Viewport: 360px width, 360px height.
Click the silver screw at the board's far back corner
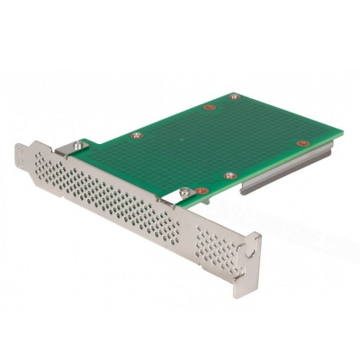[x=235, y=95]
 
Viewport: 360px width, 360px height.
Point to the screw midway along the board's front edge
[x=232, y=175]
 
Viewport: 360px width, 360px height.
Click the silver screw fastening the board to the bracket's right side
[x=184, y=190]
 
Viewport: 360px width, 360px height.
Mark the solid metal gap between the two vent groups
[x=185, y=225]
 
